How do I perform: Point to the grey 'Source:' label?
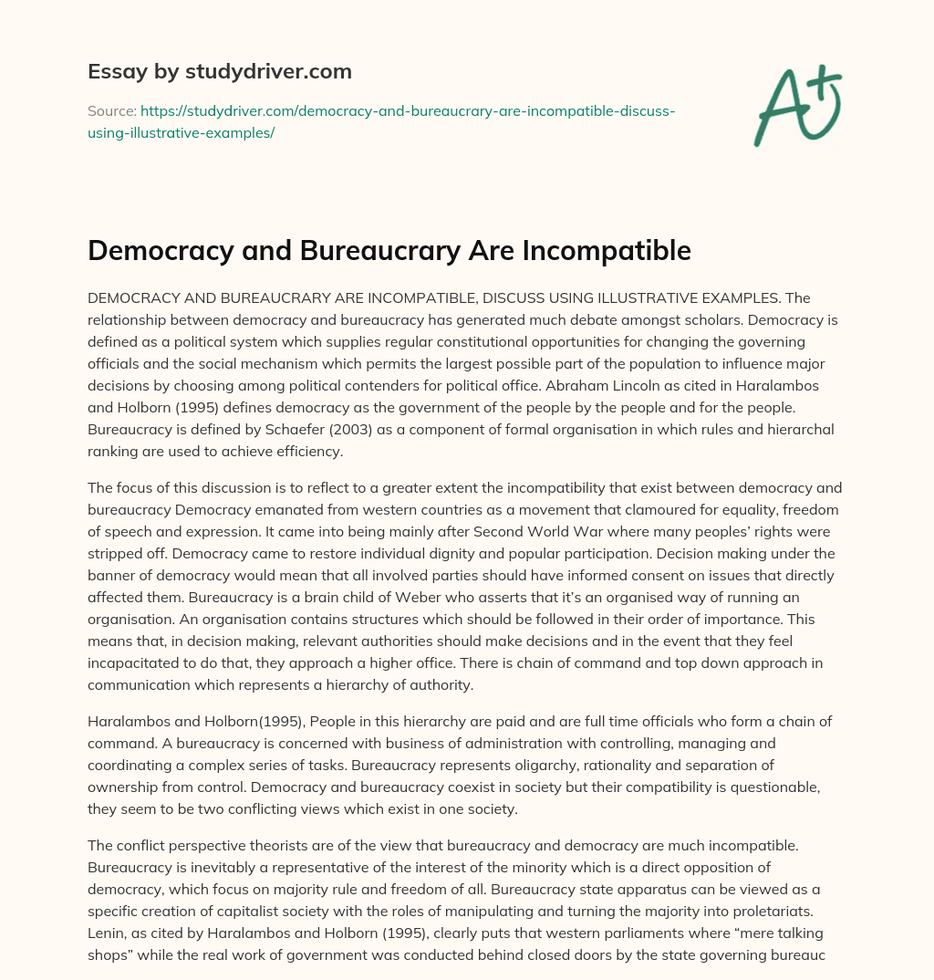point(110,110)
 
